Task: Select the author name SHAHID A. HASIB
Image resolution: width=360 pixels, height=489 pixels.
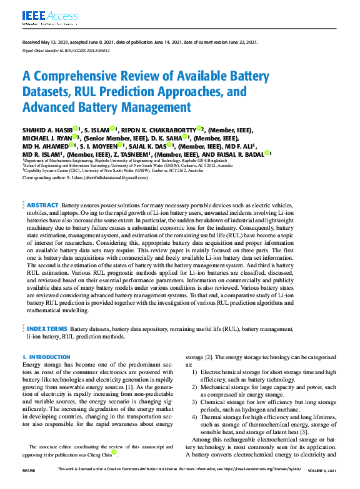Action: [x=47, y=129]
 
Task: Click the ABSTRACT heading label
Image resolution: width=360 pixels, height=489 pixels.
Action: [x=42, y=205]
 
